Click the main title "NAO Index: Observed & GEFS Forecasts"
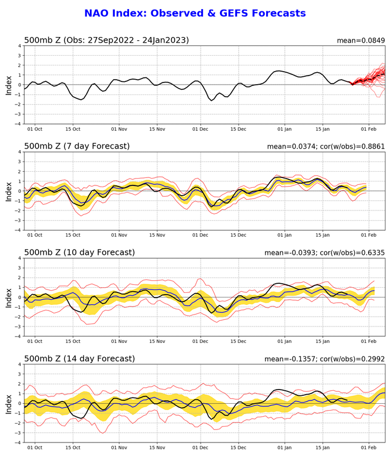195,13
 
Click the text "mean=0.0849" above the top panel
361,40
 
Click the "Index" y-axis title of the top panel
9,85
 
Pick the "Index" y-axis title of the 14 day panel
9,403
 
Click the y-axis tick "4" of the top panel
19,46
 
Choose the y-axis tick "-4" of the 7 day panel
18,230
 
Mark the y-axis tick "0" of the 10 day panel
19,297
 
